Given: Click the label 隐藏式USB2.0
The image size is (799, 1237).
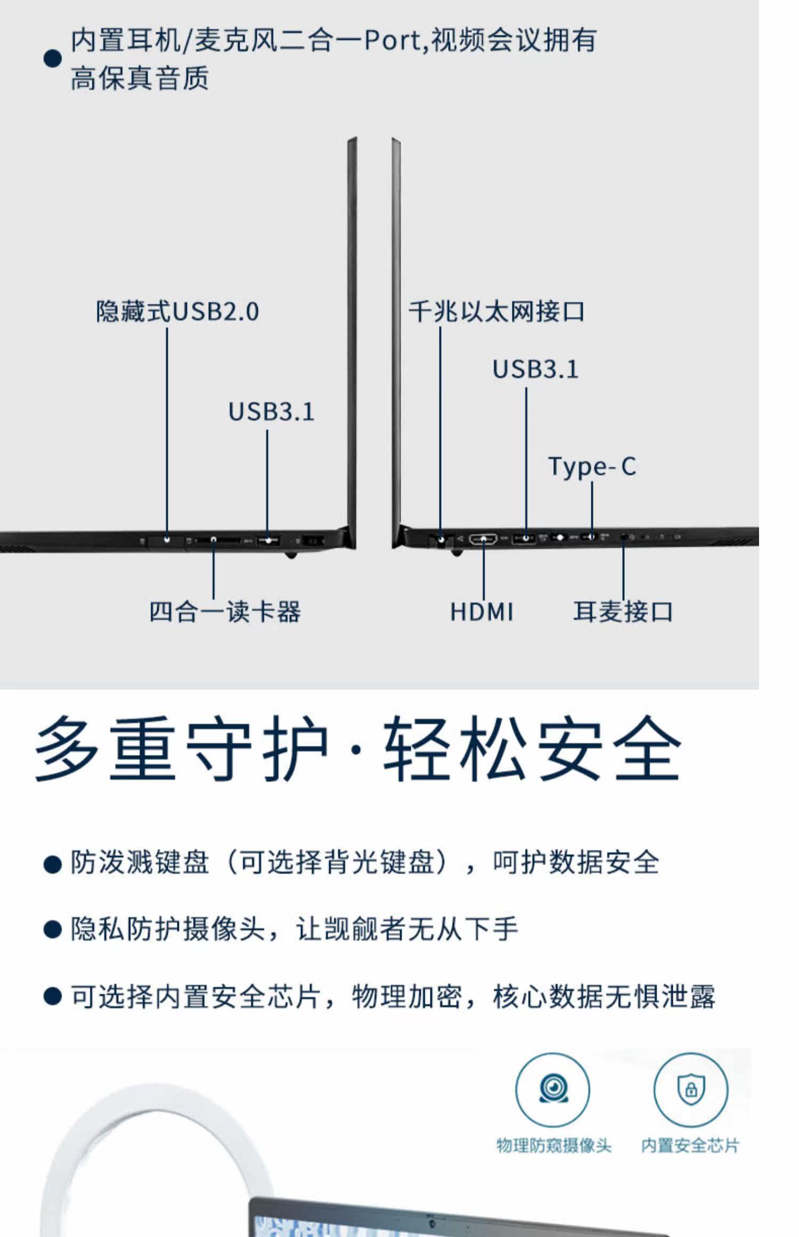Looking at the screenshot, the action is coord(177,312).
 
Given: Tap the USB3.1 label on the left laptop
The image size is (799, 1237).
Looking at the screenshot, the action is coord(271,412).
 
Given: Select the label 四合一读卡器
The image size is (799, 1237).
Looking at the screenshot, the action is coord(224,612).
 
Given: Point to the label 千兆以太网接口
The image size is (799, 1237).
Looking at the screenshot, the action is coord(496,312).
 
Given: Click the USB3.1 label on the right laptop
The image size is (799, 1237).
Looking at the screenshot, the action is coord(535,369).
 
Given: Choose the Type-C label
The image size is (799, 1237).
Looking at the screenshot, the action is coord(592,467).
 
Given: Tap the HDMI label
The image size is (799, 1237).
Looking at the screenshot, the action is coord(482,612).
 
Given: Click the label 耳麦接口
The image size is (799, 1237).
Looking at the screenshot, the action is coord(623,612).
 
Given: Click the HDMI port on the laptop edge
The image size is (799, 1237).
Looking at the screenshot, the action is coord(483,539).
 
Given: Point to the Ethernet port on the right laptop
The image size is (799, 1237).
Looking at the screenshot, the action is coord(441,540).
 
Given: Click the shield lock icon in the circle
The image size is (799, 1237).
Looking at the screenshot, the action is coord(690,1089).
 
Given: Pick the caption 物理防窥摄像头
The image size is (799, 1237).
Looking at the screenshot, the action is coord(553,1146).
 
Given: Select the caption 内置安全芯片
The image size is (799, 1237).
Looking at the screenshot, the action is coord(690,1146).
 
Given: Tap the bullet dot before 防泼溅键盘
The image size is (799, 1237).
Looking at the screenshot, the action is coord(52,864).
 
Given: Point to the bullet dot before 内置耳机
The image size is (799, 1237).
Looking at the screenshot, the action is coord(52,59).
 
